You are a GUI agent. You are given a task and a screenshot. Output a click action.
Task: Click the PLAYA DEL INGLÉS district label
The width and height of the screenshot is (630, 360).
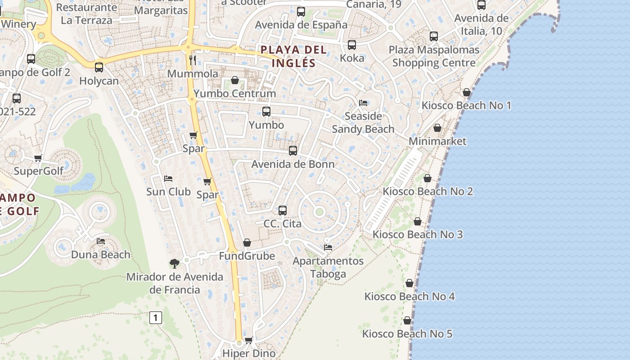(x=293, y=56)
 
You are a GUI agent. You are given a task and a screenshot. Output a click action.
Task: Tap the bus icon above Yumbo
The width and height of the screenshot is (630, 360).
(x=266, y=112)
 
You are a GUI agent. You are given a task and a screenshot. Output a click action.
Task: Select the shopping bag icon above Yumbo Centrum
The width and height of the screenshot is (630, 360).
(x=234, y=81)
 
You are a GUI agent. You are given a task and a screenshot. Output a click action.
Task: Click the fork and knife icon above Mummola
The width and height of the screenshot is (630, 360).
(x=193, y=60)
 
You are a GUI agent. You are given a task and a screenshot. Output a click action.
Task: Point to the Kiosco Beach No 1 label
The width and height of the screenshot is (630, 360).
(x=466, y=106)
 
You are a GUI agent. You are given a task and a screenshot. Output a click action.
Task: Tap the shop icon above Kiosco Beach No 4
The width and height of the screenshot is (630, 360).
(x=409, y=283)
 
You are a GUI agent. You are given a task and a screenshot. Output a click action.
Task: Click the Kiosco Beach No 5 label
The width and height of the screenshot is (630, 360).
(x=407, y=334)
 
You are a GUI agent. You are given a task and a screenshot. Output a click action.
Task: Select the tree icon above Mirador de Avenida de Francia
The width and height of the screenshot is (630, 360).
(x=174, y=264)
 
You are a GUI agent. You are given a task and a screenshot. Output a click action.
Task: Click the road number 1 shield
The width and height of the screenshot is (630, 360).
(x=155, y=318)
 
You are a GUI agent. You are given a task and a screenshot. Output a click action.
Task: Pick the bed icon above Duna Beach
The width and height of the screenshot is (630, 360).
(x=101, y=242)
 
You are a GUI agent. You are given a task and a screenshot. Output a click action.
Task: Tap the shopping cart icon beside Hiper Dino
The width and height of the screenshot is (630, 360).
(x=248, y=341)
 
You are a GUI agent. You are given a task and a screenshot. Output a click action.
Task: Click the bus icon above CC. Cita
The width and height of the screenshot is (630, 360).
(x=283, y=211)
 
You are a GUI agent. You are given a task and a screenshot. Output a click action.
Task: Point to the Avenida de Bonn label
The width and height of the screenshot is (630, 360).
(x=293, y=164)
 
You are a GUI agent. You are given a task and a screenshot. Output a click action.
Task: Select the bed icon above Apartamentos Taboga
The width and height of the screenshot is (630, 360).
(x=328, y=247)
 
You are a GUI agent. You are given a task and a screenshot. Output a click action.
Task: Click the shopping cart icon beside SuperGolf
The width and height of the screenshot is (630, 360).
(x=38, y=158)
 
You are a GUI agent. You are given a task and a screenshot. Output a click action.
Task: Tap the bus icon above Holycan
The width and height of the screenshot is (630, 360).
(x=99, y=67)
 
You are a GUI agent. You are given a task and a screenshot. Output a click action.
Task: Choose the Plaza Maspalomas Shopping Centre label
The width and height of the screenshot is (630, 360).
(x=434, y=56)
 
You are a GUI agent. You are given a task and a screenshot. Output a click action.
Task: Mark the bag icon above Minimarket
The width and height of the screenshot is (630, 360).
(x=437, y=128)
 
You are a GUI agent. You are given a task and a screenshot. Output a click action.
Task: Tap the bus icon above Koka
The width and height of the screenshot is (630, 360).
(x=352, y=45)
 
